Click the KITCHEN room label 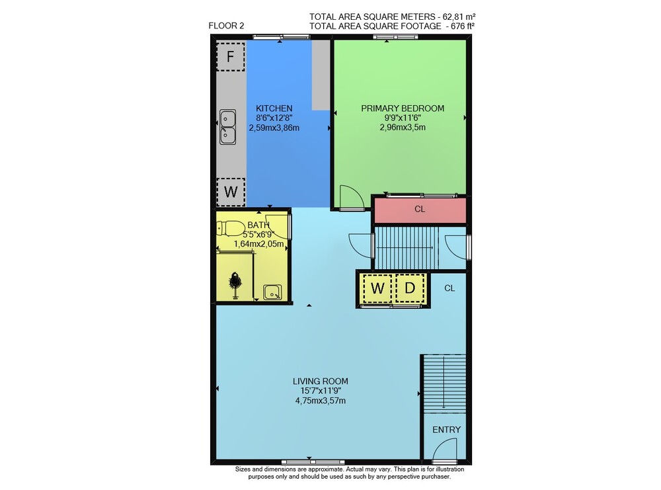(x=274, y=108)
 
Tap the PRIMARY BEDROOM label (x=403, y=108)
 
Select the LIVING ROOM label (x=321, y=381)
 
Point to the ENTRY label (x=446, y=430)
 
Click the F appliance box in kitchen (x=230, y=56)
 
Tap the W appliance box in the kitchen (x=231, y=192)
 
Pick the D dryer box (x=410, y=288)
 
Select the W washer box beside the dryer (x=377, y=288)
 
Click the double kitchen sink (x=227, y=127)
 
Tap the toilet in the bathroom (x=230, y=228)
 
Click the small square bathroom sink (x=272, y=292)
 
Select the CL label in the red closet (x=420, y=209)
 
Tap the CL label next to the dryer (x=449, y=288)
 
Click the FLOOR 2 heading (x=226, y=26)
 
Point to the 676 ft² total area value (x=463, y=26)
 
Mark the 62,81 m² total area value (x=459, y=17)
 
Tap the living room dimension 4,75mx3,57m (x=321, y=401)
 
